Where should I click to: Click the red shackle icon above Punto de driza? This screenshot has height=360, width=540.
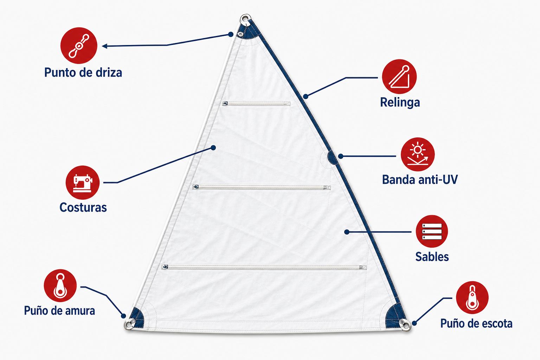click(x=79, y=46)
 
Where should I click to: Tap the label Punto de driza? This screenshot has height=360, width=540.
click(x=83, y=72)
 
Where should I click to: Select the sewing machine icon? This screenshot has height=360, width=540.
click(x=83, y=182)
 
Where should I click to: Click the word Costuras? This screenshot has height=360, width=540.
click(x=83, y=207)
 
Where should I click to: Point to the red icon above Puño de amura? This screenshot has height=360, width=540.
click(x=60, y=285)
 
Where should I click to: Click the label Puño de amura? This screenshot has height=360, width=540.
click(x=59, y=310)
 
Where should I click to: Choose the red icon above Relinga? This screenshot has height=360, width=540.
click(x=399, y=76)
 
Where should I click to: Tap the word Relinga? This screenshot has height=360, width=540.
click(x=400, y=102)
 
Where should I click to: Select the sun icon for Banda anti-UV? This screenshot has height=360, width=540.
click(x=418, y=154)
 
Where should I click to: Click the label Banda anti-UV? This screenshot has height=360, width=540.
click(x=420, y=180)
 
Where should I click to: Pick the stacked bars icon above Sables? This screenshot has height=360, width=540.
click(x=432, y=231)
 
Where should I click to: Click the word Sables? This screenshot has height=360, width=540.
click(x=432, y=257)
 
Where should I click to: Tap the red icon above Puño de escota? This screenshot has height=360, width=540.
click(x=472, y=297)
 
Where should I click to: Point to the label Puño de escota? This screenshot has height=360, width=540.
click(x=476, y=323)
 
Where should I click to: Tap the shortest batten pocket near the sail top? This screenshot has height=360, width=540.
click(x=256, y=104)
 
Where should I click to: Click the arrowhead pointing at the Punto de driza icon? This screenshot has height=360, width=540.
click(x=105, y=46)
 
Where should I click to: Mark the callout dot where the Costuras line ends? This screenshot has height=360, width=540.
click(x=213, y=148)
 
